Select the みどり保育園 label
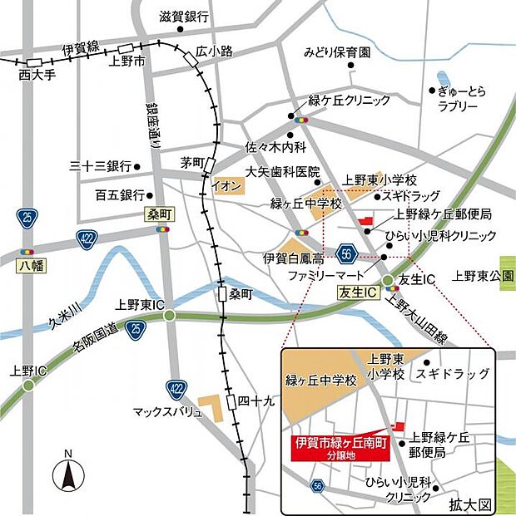point(337,52)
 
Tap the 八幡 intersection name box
point(30,266)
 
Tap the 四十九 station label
point(256,401)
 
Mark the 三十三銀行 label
point(101,166)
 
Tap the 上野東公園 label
point(482,275)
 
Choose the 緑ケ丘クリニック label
point(349,101)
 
